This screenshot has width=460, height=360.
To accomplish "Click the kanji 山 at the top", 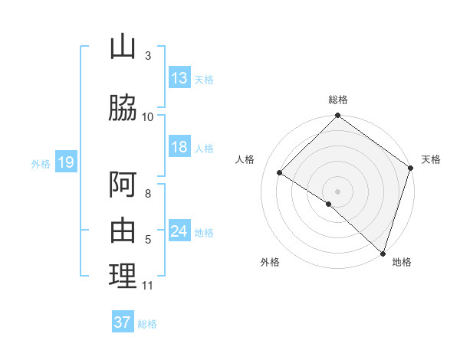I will click(x=123, y=47).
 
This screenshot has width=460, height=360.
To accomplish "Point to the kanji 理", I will click(x=123, y=276).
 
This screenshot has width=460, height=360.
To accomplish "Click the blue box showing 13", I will click(x=179, y=78).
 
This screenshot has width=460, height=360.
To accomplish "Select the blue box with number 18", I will click(x=179, y=147).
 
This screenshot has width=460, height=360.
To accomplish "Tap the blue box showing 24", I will click(x=179, y=231).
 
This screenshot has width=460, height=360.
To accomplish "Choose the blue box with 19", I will click(x=65, y=162).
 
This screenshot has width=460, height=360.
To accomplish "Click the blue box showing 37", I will click(x=122, y=322).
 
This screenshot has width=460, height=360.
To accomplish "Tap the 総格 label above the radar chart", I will click(x=338, y=100).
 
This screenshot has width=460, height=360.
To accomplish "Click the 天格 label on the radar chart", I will click(x=431, y=159).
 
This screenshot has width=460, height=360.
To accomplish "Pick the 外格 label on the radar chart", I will click(x=270, y=262).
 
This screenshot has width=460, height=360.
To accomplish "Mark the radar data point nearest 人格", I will click(x=280, y=172).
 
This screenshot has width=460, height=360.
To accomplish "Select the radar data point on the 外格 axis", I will click(x=329, y=204).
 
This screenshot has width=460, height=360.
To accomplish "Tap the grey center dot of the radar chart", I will click(x=338, y=191).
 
